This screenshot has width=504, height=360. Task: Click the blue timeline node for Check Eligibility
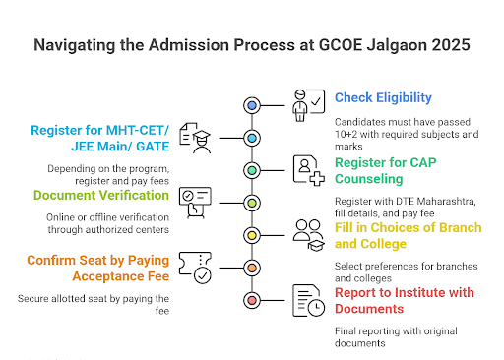252,105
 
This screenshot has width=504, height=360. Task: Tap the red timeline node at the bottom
252,300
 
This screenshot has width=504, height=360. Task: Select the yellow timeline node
252,235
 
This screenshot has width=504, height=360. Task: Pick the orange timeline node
252,268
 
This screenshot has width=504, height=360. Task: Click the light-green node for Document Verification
252,203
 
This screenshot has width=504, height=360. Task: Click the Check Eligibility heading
383,97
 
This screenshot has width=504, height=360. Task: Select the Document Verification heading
101,195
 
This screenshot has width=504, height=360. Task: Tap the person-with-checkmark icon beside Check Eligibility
308,105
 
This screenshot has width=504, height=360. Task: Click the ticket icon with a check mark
195,268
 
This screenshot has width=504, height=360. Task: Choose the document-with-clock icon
308,300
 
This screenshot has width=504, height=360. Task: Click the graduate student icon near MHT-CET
195,138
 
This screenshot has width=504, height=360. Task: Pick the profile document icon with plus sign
309,170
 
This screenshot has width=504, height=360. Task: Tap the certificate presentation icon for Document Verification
195,203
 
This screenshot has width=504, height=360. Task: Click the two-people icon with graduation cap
309,235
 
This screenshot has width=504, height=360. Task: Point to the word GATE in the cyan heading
153,147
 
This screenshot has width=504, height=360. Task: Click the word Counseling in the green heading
369,179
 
